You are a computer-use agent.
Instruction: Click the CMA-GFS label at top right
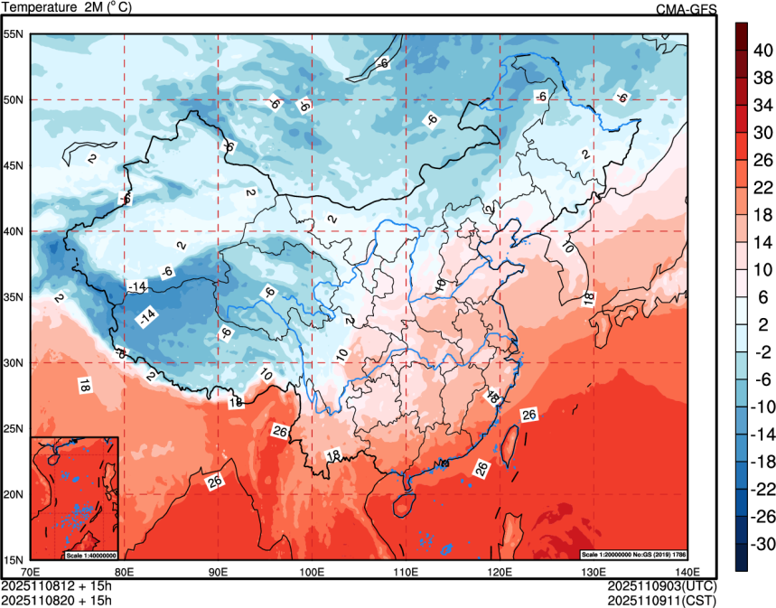click(687, 9)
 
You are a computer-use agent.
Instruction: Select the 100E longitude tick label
click(312, 571)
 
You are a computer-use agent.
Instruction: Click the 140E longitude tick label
click(687, 571)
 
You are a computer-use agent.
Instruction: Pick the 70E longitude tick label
click(30, 571)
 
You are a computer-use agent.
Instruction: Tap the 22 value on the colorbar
click(763, 187)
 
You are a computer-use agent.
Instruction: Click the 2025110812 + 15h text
click(57, 586)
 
